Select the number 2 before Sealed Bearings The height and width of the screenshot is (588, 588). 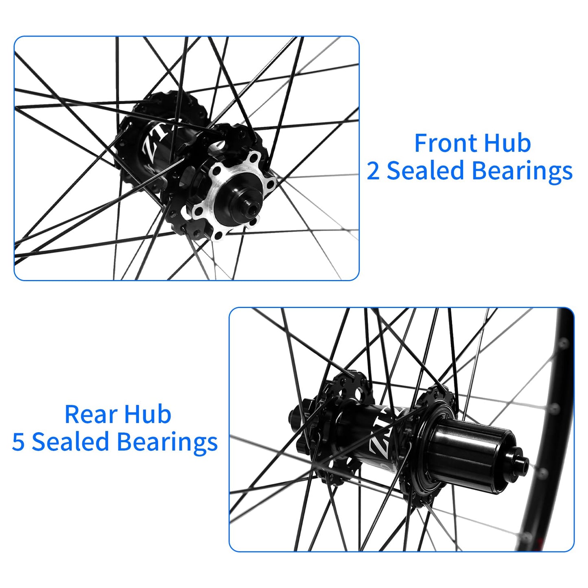373,171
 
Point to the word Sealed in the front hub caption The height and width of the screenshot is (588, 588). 425,171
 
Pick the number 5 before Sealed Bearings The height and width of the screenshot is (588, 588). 18,442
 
